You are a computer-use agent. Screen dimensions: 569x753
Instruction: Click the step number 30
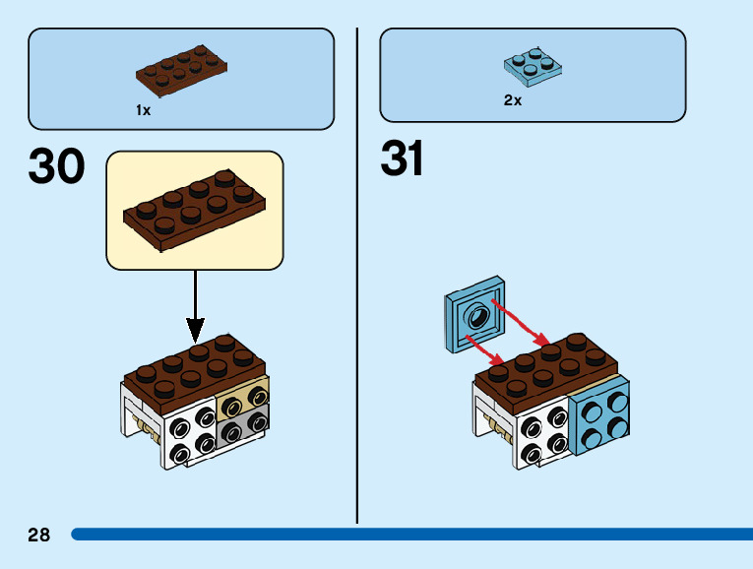click(57, 167)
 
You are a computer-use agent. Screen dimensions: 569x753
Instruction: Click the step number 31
click(403, 158)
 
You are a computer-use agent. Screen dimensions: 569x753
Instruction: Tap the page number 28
click(39, 536)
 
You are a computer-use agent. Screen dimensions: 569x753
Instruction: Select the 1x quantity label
click(144, 110)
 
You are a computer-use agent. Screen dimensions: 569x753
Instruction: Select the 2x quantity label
click(512, 100)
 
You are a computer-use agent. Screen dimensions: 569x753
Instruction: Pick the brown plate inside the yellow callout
click(194, 208)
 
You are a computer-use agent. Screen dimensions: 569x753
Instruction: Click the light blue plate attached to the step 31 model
click(598, 419)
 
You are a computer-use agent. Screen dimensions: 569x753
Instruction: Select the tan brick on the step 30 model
click(244, 396)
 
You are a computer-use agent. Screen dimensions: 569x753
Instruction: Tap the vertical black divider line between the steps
click(357, 276)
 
